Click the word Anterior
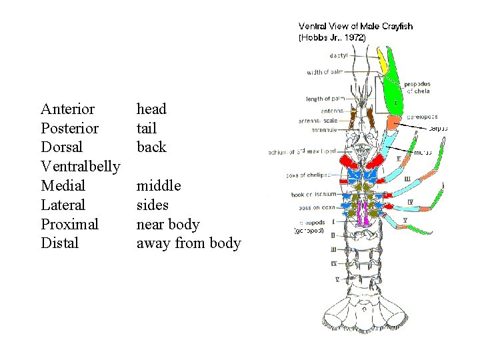(67, 109)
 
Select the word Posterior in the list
(69, 128)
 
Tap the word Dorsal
(61, 147)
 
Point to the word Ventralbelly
(80, 166)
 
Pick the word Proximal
(69, 224)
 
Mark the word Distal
(59, 243)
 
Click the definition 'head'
(151, 109)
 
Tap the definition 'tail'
(146, 128)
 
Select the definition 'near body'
(167, 224)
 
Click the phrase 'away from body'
(188, 243)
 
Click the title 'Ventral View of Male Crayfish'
(355, 27)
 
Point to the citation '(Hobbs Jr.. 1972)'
(331, 38)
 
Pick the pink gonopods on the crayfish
(363, 213)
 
